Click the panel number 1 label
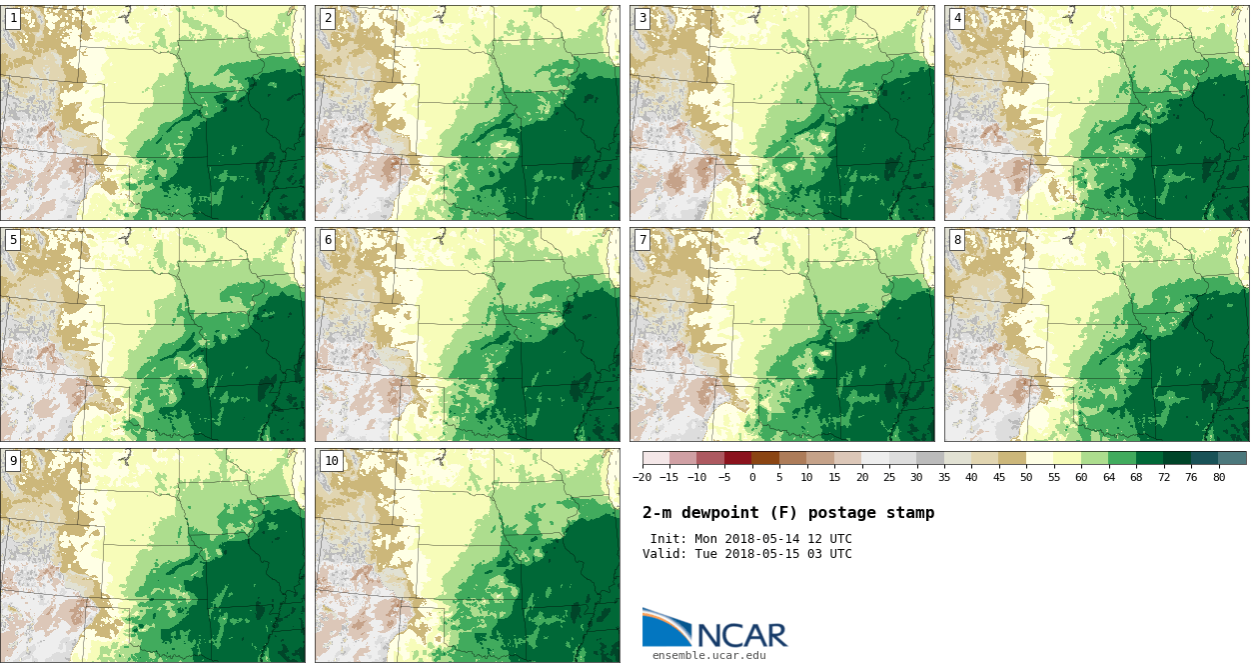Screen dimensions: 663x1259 pos(13,18)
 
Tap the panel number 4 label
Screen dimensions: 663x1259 pos(957,18)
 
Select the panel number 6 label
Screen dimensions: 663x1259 pos(328,240)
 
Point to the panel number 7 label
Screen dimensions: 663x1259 pos(642,240)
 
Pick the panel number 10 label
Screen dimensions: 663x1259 pos(331,461)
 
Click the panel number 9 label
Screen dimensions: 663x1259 pos(13,461)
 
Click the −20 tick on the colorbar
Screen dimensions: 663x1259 pos(641,478)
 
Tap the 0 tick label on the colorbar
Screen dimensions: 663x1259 pos(751,478)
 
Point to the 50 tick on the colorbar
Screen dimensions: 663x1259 pos(1026,478)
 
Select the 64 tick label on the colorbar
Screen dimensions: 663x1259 pos(1108,478)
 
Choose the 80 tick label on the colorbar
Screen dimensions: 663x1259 pos(1219,478)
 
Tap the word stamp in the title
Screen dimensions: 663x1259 pos(910,513)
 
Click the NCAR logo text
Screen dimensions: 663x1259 pos(741,635)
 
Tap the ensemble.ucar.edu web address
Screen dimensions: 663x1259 pos(709,656)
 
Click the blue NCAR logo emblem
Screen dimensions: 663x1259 pos(665,627)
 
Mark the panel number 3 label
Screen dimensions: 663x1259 pos(642,18)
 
